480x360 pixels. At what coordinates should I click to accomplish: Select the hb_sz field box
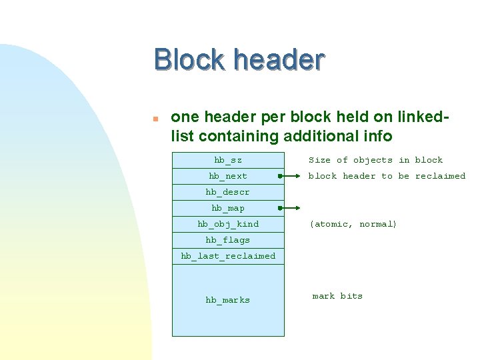pyautogui.click(x=228, y=160)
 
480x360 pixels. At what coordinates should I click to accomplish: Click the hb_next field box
pyautogui.click(x=228, y=176)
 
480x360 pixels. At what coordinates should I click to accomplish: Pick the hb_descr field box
pyautogui.click(x=228, y=192)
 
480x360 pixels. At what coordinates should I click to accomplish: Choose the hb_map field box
pyautogui.click(x=228, y=208)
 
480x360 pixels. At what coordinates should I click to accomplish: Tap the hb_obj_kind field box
pyautogui.click(x=228, y=224)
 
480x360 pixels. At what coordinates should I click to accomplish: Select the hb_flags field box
pyautogui.click(x=228, y=240)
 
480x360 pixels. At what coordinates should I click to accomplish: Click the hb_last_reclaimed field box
pyautogui.click(x=228, y=256)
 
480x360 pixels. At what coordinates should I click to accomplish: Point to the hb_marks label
pyautogui.click(x=228, y=300)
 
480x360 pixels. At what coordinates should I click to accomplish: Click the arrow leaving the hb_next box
pyautogui.click(x=291, y=177)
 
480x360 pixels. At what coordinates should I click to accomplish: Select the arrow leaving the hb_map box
pyautogui.click(x=291, y=209)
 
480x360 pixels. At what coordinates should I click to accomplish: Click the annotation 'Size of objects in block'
pyautogui.click(x=375, y=160)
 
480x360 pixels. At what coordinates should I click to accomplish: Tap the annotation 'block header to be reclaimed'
pyautogui.click(x=387, y=176)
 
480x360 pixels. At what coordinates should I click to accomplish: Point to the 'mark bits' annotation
pyautogui.click(x=337, y=296)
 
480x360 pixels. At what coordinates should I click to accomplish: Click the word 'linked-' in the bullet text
pyautogui.click(x=423, y=117)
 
